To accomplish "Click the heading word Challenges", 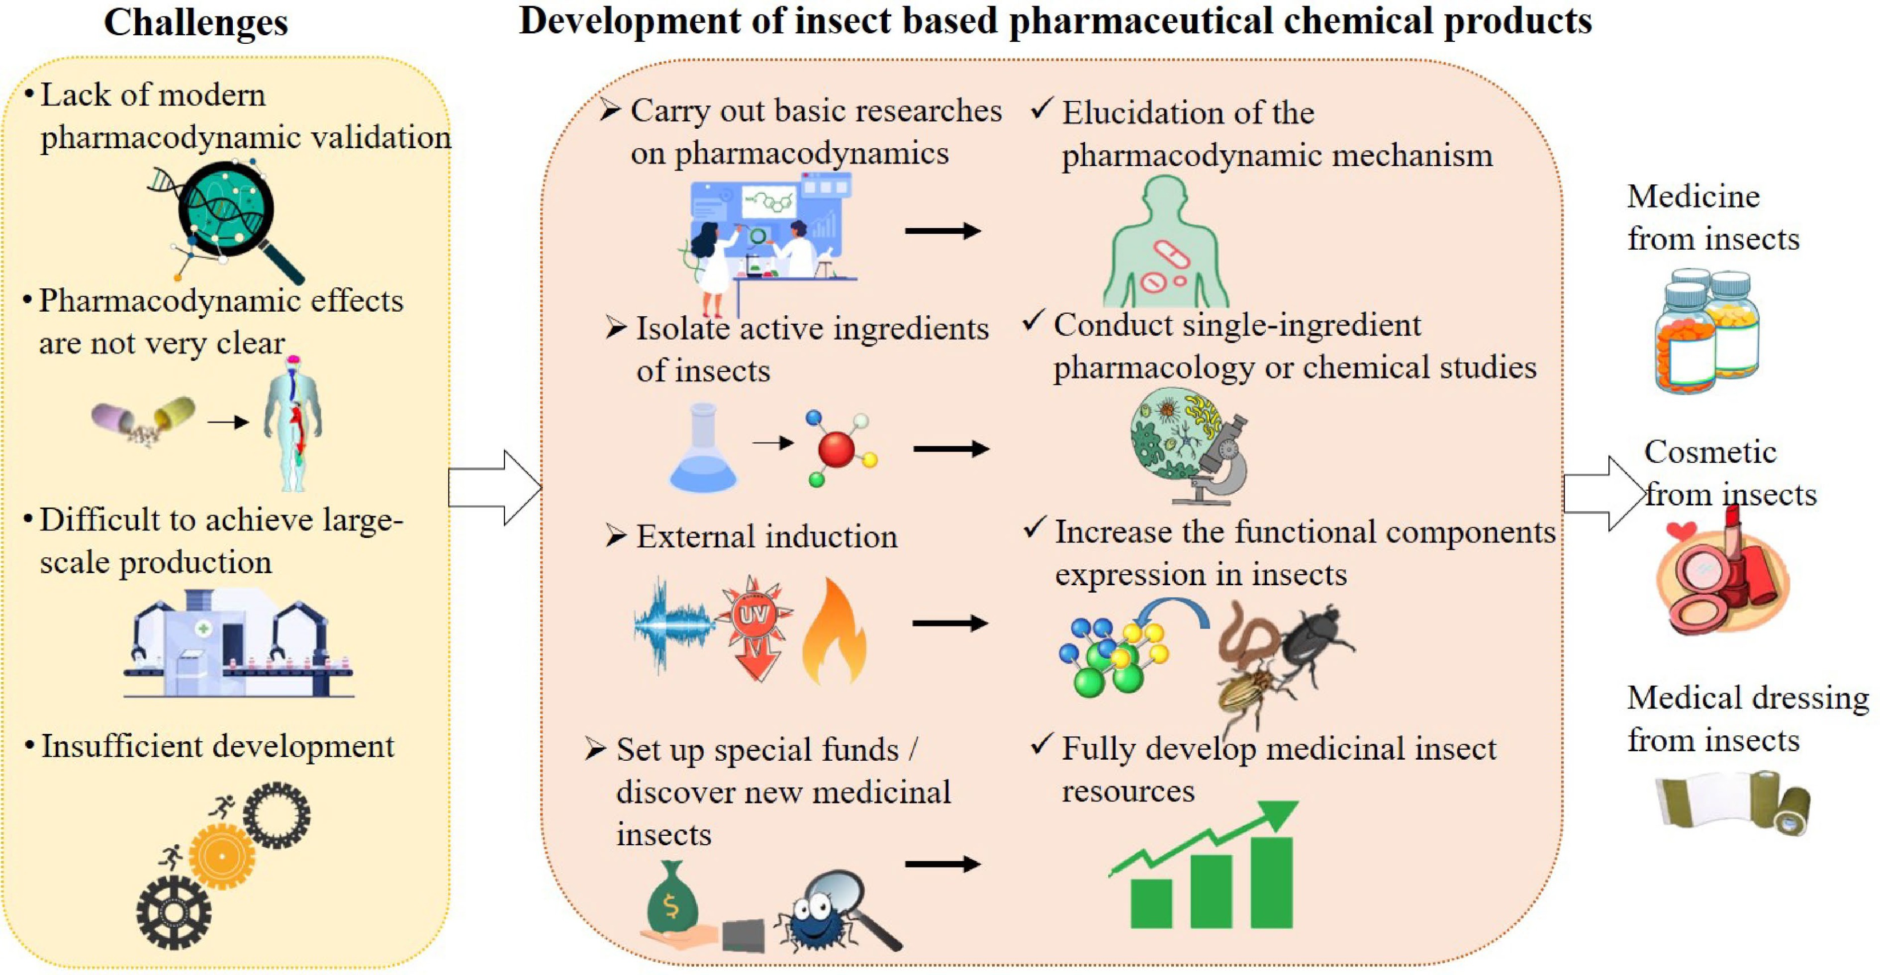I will [x=195, y=22].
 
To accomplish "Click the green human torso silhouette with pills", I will [x=1165, y=248].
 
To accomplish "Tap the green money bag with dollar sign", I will [x=672, y=898].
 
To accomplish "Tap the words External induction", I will [x=766, y=537].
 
